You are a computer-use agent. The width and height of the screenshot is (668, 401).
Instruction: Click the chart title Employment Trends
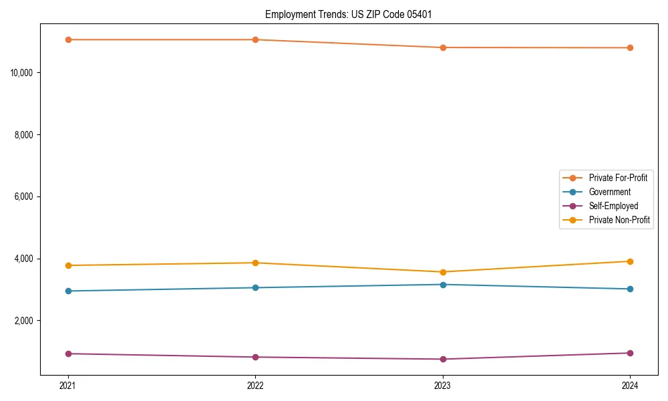click(349, 14)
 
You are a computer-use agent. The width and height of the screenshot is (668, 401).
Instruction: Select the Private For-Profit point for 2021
click(68, 39)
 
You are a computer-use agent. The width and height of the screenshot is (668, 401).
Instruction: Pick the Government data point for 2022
click(255, 287)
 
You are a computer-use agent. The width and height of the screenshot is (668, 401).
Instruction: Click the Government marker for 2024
click(630, 289)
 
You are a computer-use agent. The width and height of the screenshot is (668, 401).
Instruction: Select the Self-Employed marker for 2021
click(68, 354)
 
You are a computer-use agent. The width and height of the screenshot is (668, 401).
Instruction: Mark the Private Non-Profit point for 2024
click(630, 261)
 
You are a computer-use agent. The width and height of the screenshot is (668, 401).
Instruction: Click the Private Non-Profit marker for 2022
click(255, 263)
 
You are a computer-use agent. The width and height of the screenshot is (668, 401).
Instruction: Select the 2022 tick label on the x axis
click(255, 386)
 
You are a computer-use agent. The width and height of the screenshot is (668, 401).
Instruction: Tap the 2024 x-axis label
click(630, 386)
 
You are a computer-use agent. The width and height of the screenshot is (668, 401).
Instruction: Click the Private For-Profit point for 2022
click(255, 39)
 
